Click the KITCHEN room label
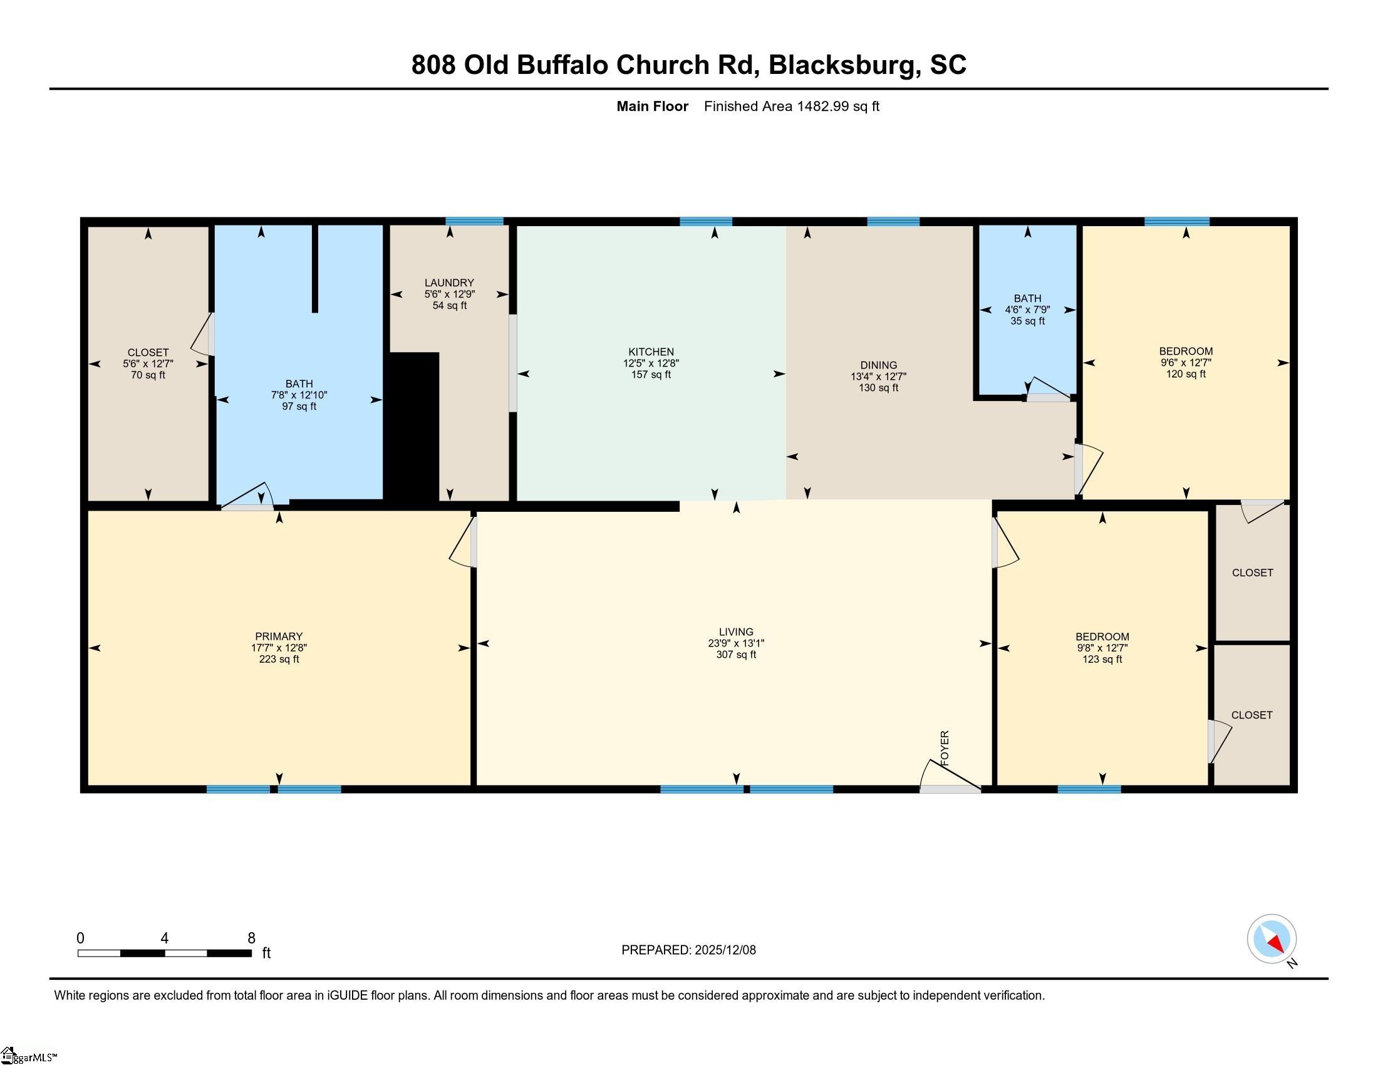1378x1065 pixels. [651, 351]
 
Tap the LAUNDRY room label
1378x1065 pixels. [448, 283]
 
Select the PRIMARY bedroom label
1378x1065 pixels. [278, 636]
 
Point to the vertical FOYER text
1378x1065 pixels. [945, 748]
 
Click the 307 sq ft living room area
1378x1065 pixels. [736, 654]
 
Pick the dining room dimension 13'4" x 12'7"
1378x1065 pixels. [878, 376]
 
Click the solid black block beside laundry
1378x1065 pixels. [413, 426]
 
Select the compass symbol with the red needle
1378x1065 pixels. [1272, 938]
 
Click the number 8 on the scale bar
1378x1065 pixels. [251, 938]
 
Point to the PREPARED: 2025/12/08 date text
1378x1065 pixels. [688, 950]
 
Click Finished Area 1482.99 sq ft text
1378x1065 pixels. [791, 106]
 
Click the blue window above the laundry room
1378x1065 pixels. [475, 221]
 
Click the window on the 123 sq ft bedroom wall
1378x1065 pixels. [1089, 789]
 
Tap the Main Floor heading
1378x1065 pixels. [652, 106]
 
